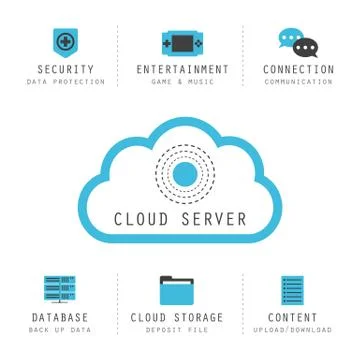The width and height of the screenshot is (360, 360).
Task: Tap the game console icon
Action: [181, 43]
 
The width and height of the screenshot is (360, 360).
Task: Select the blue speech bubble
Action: [290, 39]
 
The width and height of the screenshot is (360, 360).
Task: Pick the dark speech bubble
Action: [305, 47]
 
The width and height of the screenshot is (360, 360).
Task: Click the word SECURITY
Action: [66, 70]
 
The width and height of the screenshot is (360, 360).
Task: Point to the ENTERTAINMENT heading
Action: [182, 70]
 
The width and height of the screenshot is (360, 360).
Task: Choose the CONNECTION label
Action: [298, 70]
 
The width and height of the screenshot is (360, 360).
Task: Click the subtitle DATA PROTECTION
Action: [66, 82]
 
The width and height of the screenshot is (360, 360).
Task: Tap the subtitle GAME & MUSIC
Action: [182, 82]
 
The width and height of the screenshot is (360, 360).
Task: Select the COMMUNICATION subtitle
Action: [298, 82]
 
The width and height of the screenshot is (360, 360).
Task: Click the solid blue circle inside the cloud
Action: [183, 173]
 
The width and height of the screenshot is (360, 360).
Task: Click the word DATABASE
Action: [59, 318]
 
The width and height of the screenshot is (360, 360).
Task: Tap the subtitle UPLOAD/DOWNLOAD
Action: [293, 329]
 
